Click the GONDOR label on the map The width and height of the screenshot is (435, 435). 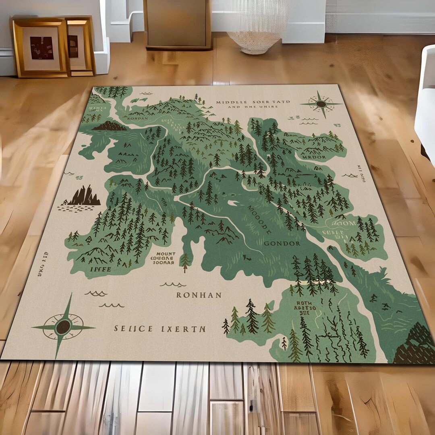[282, 243]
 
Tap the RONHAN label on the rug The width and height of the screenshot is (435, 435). [199, 295]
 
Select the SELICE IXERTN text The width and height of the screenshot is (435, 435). [159, 329]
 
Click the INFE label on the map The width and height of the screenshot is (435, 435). [101, 269]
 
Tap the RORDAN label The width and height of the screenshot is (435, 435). [135, 119]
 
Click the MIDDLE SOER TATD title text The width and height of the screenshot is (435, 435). [253, 102]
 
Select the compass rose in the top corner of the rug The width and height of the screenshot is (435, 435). [321, 104]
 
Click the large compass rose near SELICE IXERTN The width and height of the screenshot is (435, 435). [63, 326]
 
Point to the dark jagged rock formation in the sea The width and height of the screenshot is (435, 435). [84, 196]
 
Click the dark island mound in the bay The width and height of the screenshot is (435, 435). [109, 126]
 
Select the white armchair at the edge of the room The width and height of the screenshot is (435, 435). [425, 105]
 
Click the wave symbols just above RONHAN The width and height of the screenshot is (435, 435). [173, 284]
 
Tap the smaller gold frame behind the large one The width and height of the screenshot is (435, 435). [81, 46]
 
